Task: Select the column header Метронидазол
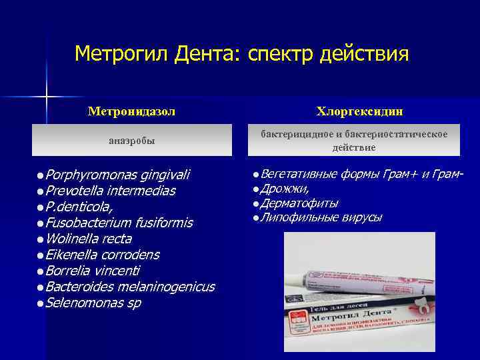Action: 132,111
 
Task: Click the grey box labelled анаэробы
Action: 132,141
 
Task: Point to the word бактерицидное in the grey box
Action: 294,135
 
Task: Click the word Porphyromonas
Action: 89,175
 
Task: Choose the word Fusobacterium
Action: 89,223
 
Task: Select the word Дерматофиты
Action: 299,203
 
